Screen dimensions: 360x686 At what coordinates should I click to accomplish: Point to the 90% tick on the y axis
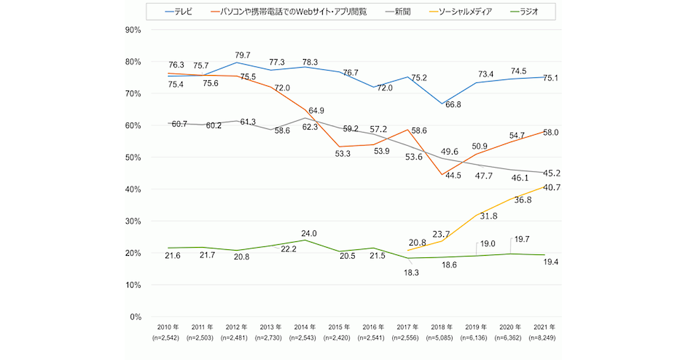click(133, 30)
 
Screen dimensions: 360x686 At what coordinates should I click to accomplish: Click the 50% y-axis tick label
click(133, 157)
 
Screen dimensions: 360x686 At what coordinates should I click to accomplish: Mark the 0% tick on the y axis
click(135, 317)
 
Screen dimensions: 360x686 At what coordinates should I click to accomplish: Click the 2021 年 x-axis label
click(544, 327)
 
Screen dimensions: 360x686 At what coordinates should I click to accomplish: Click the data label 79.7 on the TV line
click(243, 55)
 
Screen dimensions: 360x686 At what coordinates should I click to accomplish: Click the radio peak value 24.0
click(309, 233)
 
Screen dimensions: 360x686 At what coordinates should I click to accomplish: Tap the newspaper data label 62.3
click(309, 127)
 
